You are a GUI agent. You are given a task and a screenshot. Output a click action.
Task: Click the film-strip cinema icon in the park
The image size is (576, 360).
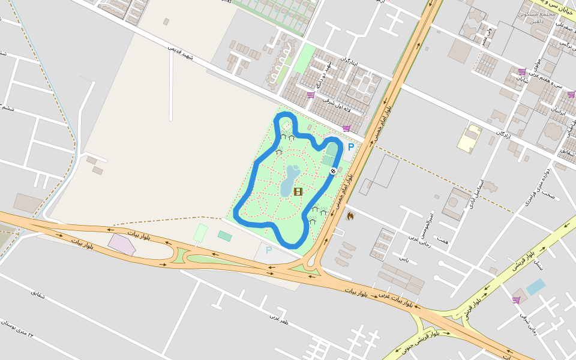[x=298, y=191]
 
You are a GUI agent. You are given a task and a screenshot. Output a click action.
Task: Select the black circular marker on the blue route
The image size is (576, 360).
[x=334, y=172]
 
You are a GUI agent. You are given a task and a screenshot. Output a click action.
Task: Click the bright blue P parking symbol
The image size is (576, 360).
[x=351, y=147]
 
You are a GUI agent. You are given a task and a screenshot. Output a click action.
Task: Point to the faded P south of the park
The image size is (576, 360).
[x=269, y=250]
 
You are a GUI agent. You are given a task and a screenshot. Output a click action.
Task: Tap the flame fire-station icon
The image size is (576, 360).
[x=350, y=215]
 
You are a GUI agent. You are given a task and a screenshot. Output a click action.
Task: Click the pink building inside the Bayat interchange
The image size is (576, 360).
[x=122, y=244]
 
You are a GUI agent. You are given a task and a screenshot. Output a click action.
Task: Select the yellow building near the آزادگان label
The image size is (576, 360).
[x=470, y=139]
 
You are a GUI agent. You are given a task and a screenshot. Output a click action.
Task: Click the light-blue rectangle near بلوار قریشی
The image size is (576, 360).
[x=536, y=287]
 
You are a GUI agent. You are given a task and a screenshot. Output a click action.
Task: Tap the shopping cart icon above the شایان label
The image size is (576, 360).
[x=522, y=71]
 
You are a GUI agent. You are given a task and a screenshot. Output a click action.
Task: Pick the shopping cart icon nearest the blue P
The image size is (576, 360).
[x=346, y=128]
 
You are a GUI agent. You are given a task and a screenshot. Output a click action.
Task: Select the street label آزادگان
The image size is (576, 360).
[x=503, y=134]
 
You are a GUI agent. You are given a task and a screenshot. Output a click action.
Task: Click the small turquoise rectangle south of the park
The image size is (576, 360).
[x=225, y=236]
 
